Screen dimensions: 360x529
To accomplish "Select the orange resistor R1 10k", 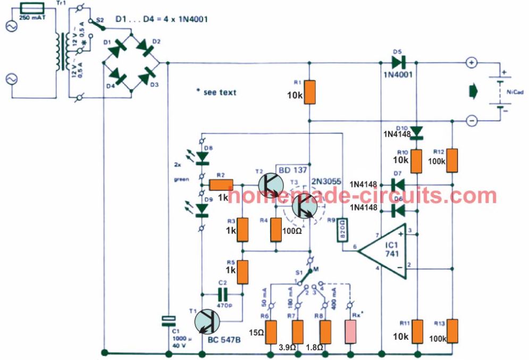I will click(x=309, y=92).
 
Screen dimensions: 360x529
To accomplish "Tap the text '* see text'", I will click(x=216, y=93).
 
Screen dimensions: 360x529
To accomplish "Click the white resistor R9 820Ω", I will click(x=343, y=230).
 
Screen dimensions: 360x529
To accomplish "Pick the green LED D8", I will click(x=202, y=156).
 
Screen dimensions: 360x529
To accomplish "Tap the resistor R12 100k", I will click(x=452, y=160).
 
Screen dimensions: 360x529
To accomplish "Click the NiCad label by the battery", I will click(x=515, y=93).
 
